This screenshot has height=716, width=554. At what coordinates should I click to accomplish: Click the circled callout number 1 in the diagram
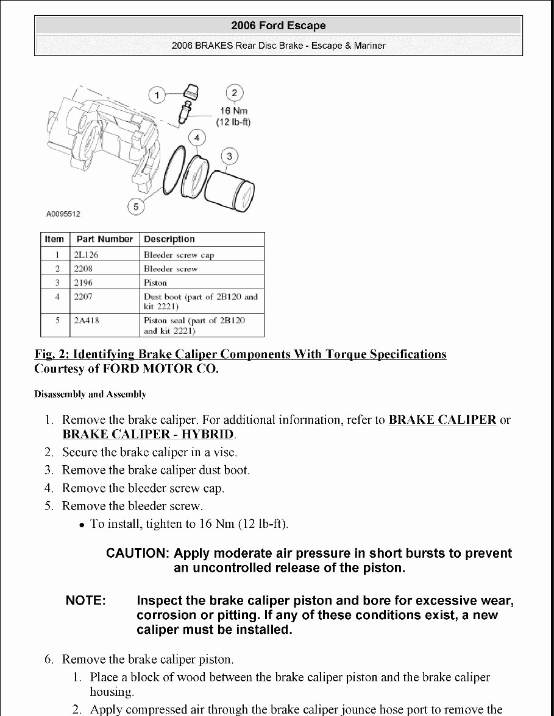pyautogui.click(x=157, y=95)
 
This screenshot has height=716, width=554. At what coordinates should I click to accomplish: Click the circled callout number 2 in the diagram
pyautogui.click(x=234, y=93)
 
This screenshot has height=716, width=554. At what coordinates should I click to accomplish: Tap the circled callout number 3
pyautogui.click(x=229, y=156)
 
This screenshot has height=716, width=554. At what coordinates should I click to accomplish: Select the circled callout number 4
pyautogui.click(x=196, y=138)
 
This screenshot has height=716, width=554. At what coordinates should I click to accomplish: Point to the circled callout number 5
pyautogui.click(x=136, y=207)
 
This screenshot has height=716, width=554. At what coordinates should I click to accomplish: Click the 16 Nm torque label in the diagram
pyautogui.click(x=234, y=111)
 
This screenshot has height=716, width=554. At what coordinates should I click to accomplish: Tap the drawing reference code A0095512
pyautogui.click(x=63, y=214)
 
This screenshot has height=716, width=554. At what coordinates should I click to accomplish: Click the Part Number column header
pyautogui.click(x=105, y=239)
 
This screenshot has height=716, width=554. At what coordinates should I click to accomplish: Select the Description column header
pyautogui.click(x=169, y=239)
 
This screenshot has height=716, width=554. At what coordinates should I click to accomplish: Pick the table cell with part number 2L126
pyautogui.click(x=86, y=254)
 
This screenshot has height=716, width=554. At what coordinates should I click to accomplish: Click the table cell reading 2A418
pyautogui.click(x=86, y=320)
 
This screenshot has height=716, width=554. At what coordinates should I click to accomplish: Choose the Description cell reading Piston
pyautogui.click(x=155, y=283)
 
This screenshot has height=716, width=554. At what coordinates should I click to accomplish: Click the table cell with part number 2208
pyautogui.click(x=84, y=268)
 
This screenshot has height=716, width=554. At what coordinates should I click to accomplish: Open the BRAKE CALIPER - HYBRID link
pyautogui.click(x=148, y=434)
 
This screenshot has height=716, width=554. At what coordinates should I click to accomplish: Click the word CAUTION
pyautogui.click(x=137, y=553)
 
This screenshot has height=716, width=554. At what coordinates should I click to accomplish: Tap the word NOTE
pyautogui.click(x=86, y=601)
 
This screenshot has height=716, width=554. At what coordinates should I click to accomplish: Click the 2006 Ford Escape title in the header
pyautogui.click(x=279, y=26)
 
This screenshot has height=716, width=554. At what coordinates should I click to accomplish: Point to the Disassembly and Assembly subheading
pyautogui.click(x=90, y=394)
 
